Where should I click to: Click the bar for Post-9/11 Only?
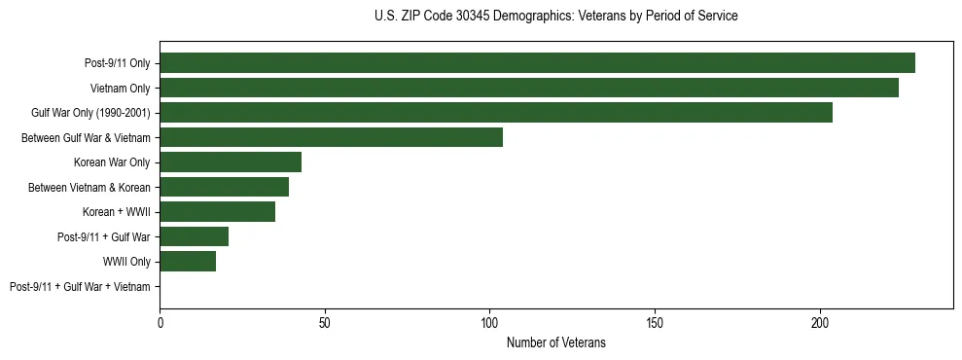point(537,63)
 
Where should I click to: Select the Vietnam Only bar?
point(529,88)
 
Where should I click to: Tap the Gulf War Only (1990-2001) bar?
point(496,113)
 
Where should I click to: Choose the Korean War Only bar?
point(231,162)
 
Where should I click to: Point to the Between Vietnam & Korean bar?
point(224,187)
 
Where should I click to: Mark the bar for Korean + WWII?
point(217,212)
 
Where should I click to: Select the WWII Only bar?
point(188,262)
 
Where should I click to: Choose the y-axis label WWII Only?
point(126,262)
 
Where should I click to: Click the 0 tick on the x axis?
point(160,322)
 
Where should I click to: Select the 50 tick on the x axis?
point(325,322)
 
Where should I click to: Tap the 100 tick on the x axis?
point(490,322)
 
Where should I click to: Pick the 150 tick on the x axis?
point(655,322)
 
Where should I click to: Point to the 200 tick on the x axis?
point(820,322)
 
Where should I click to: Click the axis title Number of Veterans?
point(556,342)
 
